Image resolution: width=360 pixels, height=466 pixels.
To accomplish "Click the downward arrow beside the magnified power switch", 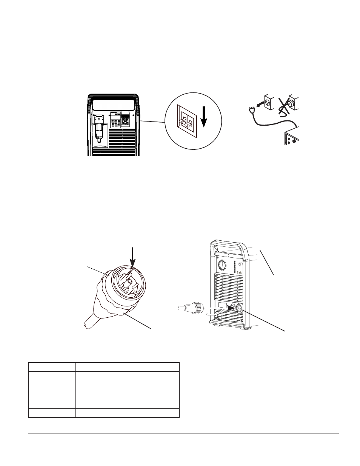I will point(204,117).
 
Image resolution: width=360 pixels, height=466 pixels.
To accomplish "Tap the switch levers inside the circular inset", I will point(184,121).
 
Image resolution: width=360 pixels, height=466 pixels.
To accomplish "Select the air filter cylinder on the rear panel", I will point(98,130).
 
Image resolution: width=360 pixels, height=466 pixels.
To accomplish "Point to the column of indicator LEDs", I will point(234,266).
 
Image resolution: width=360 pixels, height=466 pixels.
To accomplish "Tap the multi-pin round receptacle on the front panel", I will point(238,309).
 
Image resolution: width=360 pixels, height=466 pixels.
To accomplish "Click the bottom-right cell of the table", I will point(127,412).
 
